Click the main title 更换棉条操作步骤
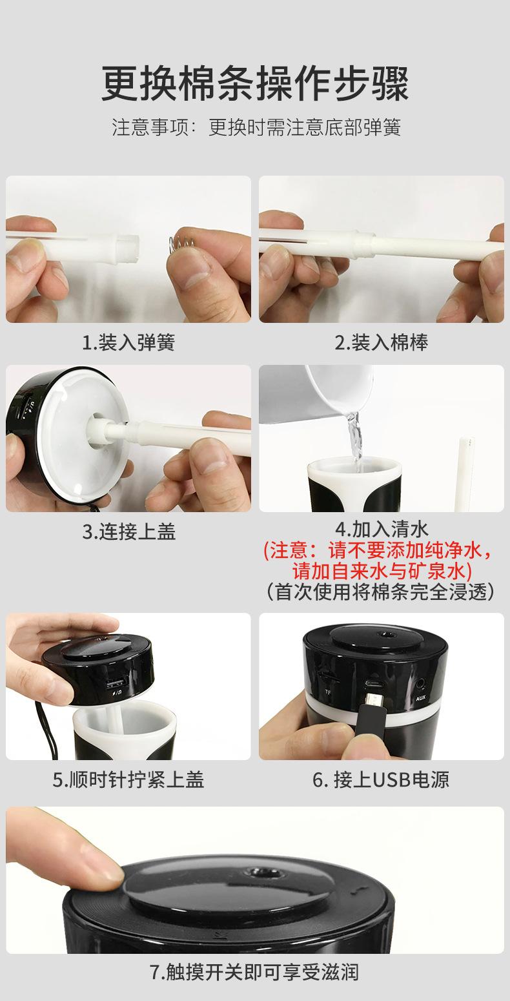pos(255,83)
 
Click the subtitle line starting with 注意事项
pos(256,127)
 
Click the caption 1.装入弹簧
pos(128,342)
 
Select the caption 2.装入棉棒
pos(382,342)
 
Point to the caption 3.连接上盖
pos(128,531)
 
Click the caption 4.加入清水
pos(382,529)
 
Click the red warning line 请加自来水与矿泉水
pos(382,571)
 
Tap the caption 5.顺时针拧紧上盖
pos(128,779)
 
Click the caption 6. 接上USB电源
pos(381,779)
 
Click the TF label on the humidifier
pos(328,693)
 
